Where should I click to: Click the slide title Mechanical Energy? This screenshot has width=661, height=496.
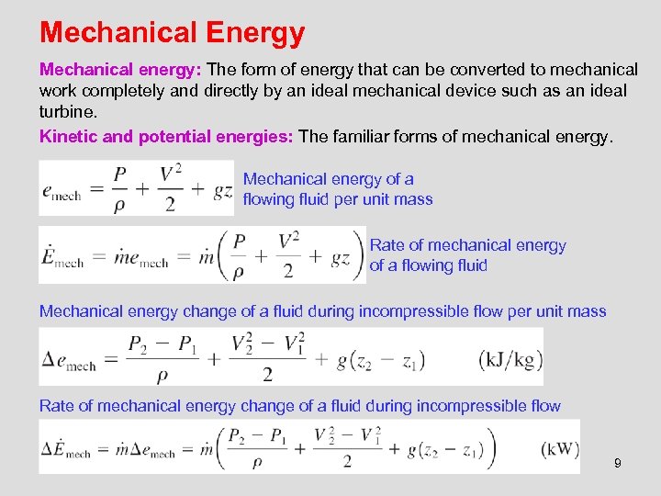pos(172,33)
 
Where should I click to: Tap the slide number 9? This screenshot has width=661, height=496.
pos(618,463)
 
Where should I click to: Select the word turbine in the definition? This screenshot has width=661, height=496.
pos(67,111)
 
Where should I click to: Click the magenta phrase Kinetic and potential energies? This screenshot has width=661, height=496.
pos(166,137)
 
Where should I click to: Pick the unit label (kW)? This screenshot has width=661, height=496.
pos(560,449)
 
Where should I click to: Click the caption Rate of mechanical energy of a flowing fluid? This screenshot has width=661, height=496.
pos(467,255)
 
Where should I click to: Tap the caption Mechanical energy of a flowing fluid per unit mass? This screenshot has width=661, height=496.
pos(337,189)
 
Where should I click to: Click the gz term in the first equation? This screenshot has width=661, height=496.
pos(221,189)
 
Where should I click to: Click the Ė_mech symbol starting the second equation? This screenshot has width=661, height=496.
pos(62,256)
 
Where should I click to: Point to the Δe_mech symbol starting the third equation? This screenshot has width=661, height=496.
pos(68,359)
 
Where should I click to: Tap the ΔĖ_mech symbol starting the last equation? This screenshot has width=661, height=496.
pos(65,450)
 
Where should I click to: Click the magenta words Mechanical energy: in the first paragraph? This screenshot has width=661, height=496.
pos(121,70)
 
